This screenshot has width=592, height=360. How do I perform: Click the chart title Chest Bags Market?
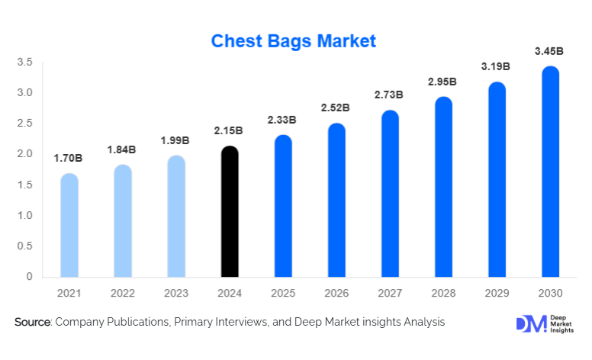coord(294,40)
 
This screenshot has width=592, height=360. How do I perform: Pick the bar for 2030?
coord(550,172)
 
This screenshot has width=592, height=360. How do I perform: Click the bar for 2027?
coord(390,194)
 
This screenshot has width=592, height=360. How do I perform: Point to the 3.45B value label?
coord(549,51)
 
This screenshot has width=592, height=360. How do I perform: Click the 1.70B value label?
coord(68,158)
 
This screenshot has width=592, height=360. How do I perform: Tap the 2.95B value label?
coord(442,82)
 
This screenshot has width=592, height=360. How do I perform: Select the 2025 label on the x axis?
coord(283,293)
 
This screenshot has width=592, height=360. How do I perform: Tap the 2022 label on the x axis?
coord(122,293)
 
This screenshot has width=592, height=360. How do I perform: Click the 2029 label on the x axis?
coord(497,293)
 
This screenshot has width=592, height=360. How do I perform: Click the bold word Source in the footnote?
coord(32,323)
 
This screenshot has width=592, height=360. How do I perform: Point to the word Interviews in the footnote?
coord(241,323)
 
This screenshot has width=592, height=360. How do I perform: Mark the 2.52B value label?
coord(336,108)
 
